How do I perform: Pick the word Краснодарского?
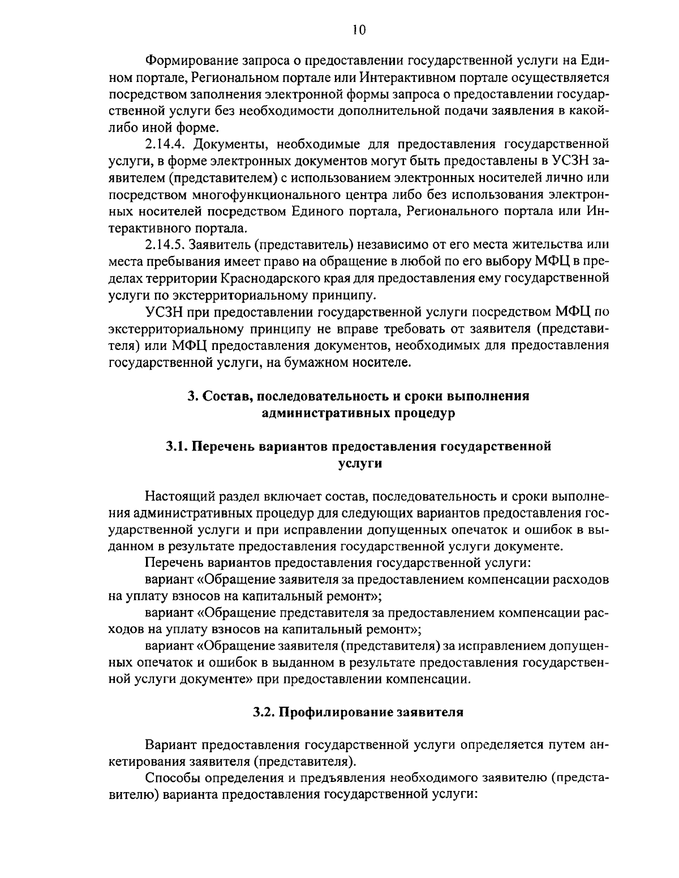click(268, 278)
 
